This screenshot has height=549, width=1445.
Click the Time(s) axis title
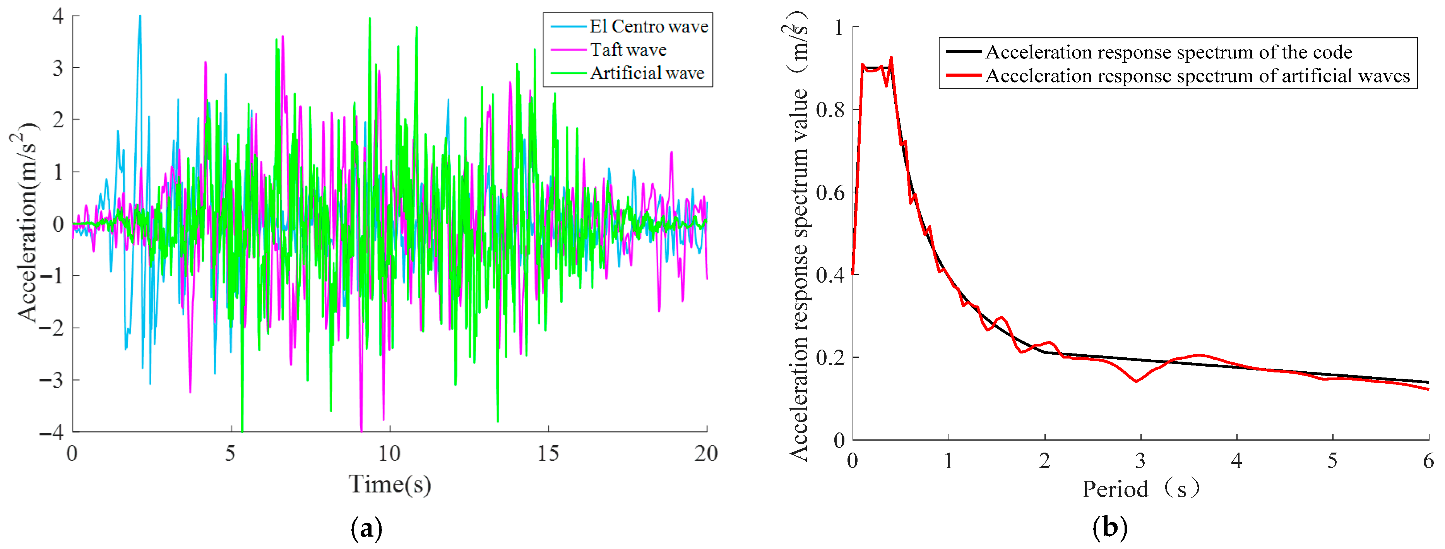click(x=390, y=484)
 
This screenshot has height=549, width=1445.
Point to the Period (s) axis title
click(x=1140, y=489)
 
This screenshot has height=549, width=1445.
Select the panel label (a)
click(x=366, y=528)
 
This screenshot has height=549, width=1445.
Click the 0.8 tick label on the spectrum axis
click(x=830, y=110)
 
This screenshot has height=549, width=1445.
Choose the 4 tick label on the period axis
click(x=1236, y=461)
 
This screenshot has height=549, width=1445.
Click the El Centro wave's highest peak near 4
click(x=140, y=16)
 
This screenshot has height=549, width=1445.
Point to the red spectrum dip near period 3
click(x=1137, y=381)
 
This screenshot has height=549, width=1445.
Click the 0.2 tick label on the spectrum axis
click(x=830, y=358)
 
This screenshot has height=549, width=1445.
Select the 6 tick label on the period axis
click(x=1428, y=461)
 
